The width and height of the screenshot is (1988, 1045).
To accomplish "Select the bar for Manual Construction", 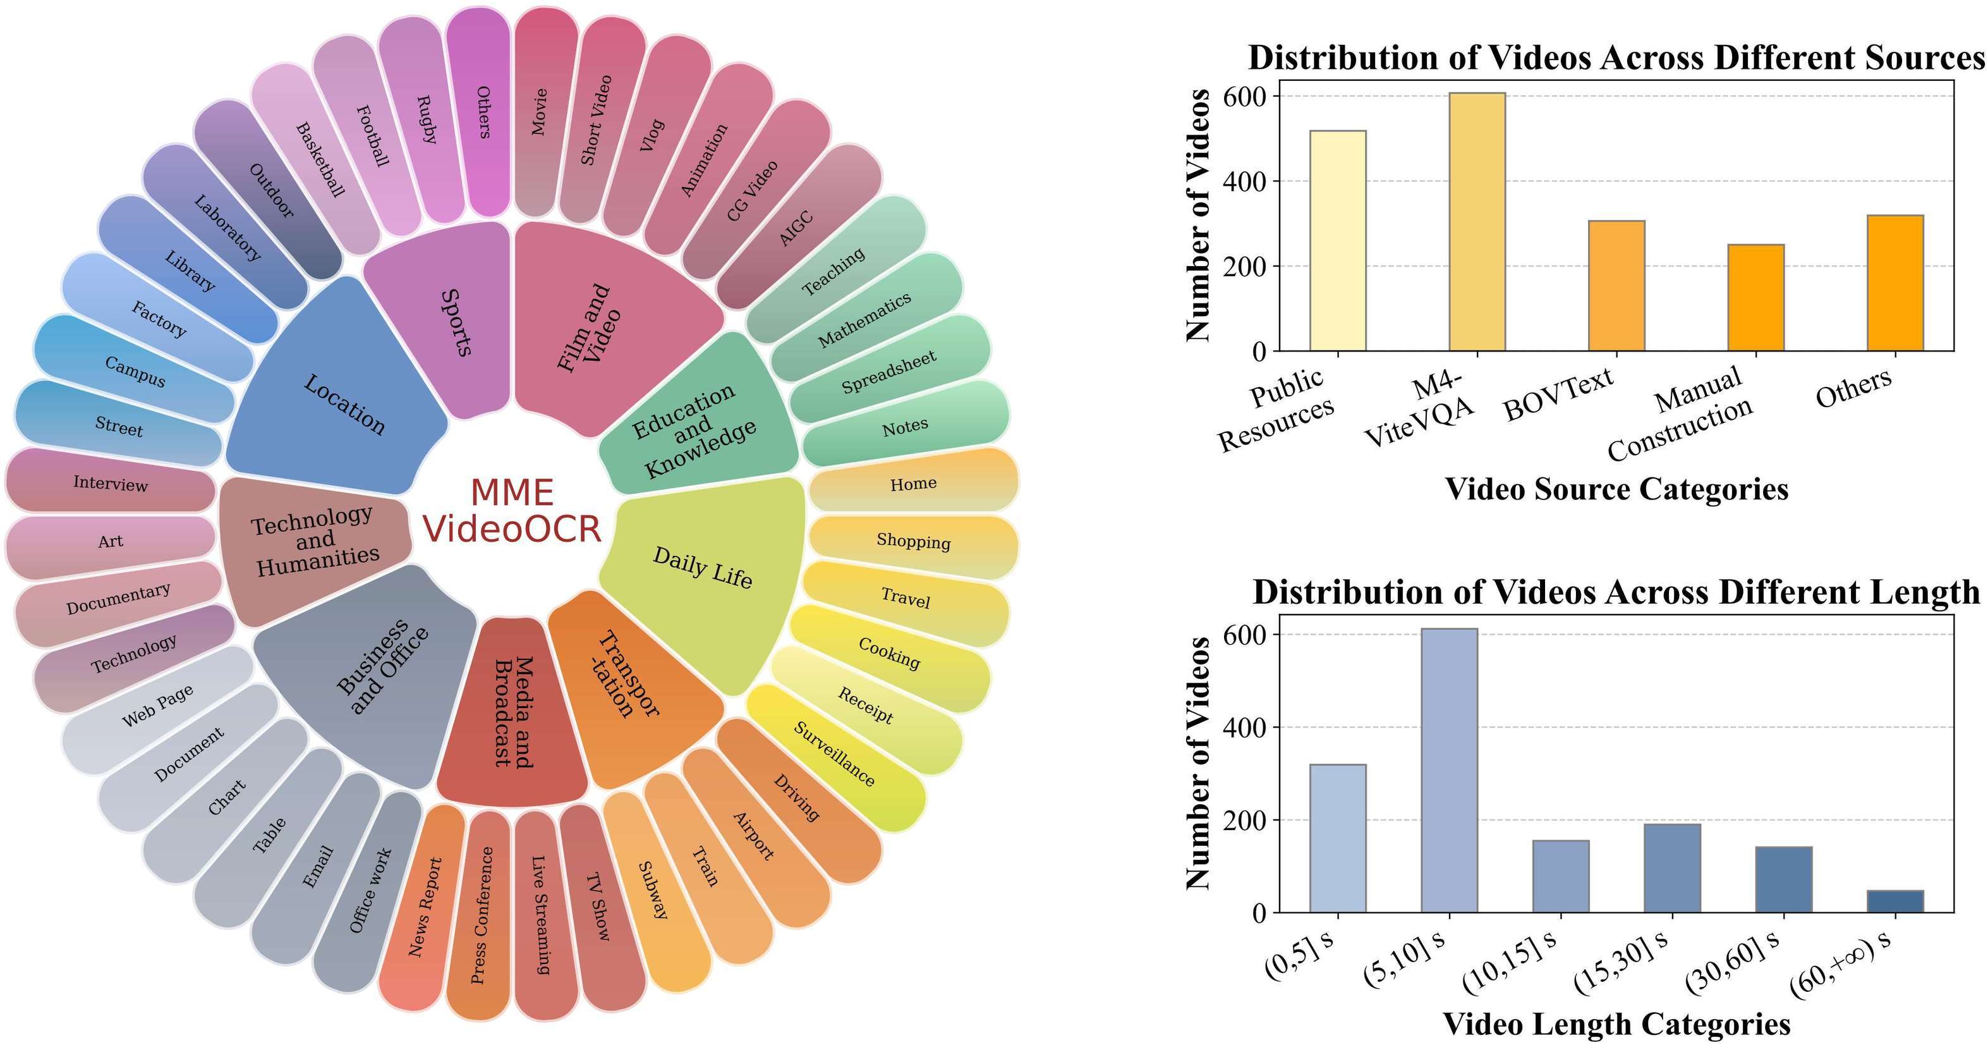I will [x=1755, y=298].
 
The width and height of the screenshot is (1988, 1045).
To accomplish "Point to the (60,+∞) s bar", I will [x=1894, y=901].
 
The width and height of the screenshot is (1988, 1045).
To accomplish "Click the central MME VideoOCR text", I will [x=512, y=511].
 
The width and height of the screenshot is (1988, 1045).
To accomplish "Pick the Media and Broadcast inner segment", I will [x=512, y=710].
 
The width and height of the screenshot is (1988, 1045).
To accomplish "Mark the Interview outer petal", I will [x=111, y=483].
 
